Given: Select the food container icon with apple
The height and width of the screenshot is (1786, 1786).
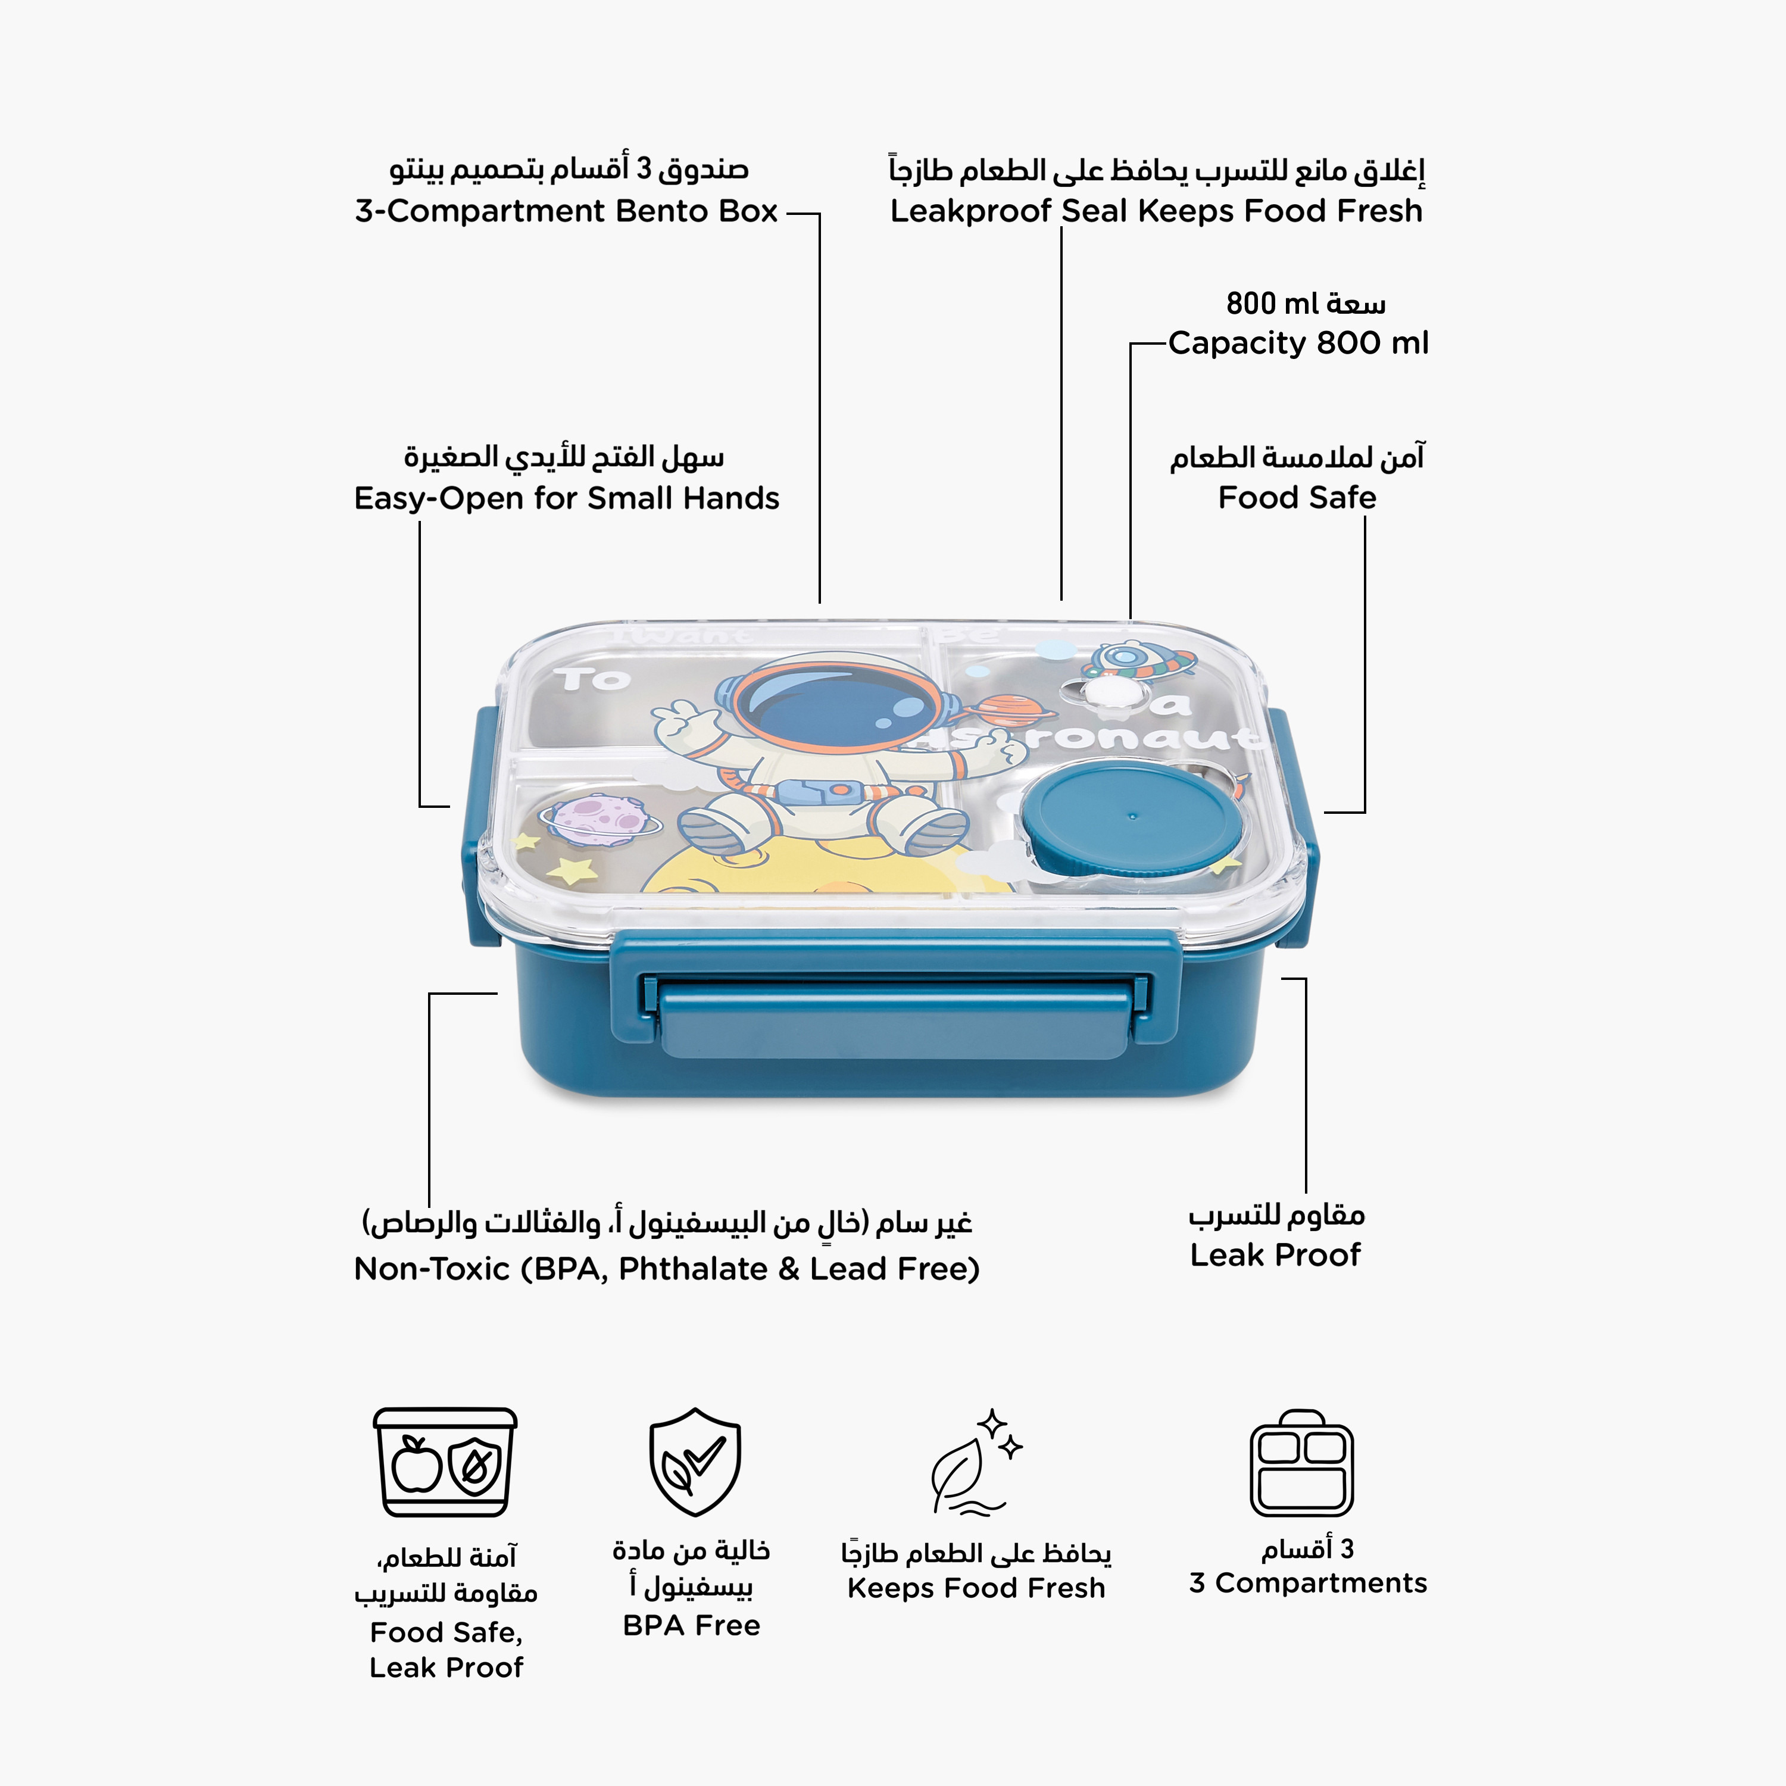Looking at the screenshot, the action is [445, 1462].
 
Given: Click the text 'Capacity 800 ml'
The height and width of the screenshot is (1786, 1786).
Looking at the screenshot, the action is [1298, 343].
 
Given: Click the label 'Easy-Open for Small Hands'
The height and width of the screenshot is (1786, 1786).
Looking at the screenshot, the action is [567, 498].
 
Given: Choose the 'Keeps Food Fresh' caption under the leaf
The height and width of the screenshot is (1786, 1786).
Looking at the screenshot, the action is [976, 1588].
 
